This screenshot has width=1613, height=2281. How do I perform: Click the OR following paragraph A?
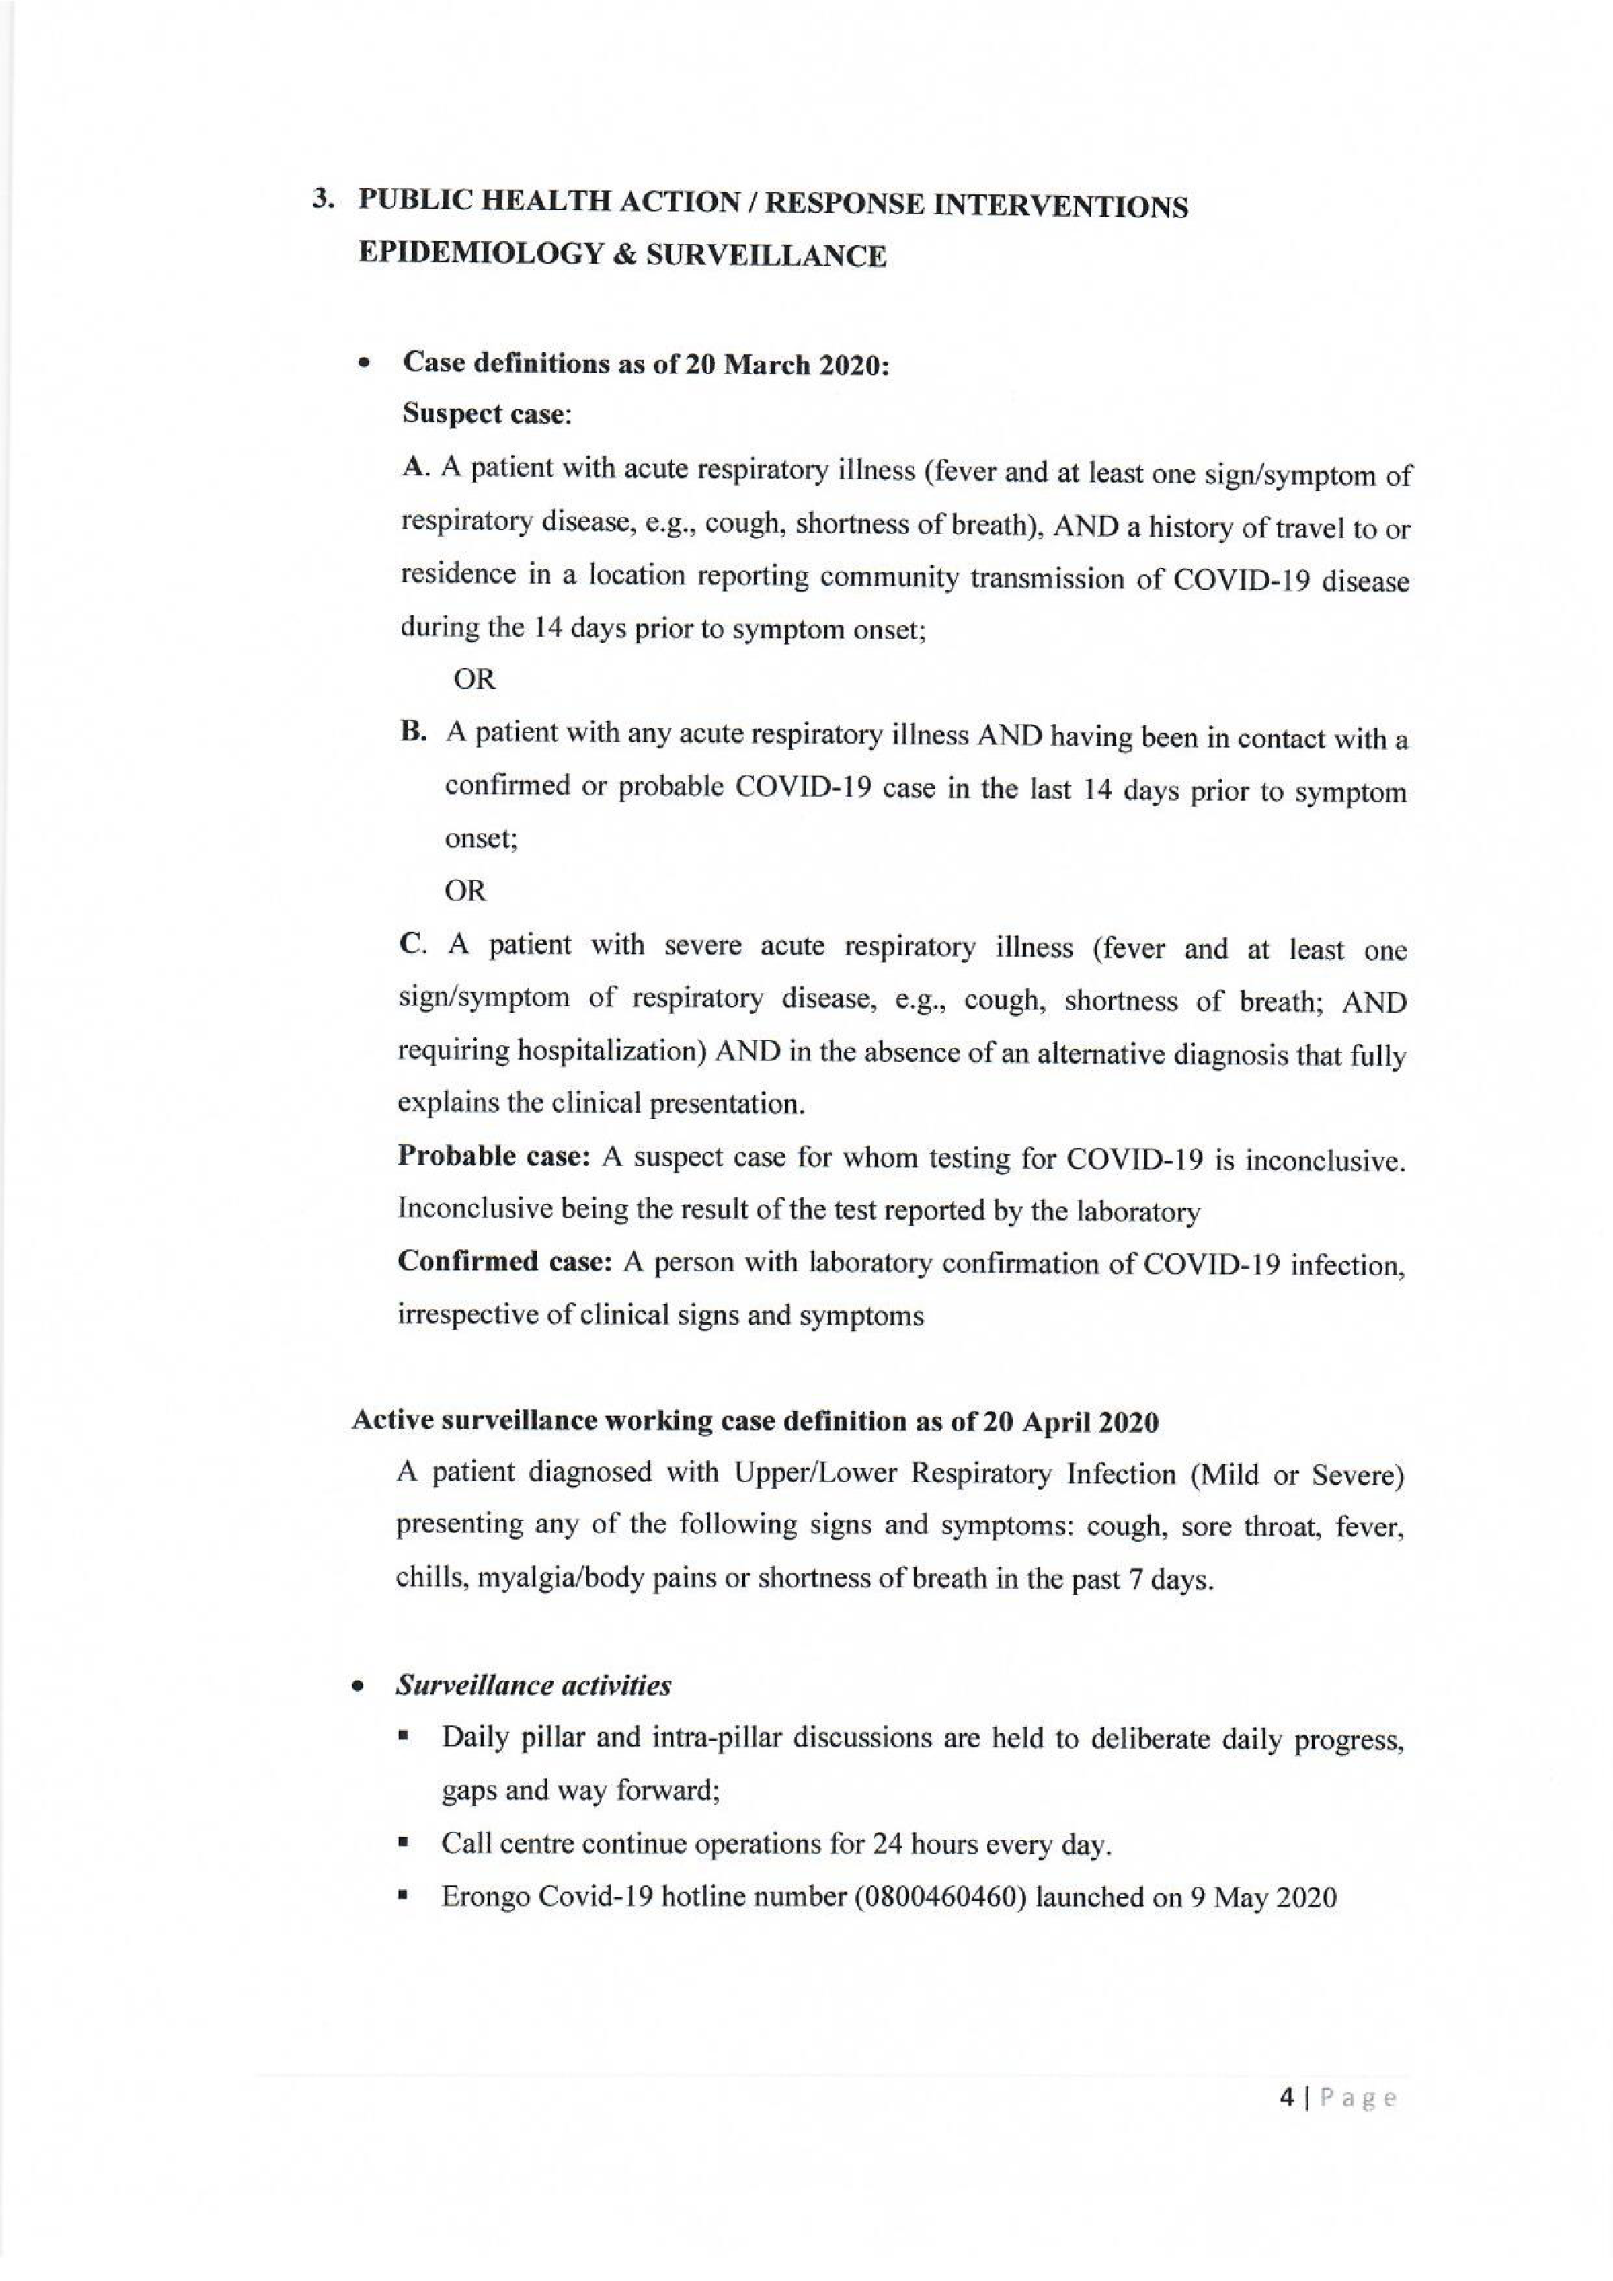click(474, 680)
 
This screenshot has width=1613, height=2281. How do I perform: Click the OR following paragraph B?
click(466, 891)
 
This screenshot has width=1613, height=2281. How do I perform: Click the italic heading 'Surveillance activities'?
click(533, 1686)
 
